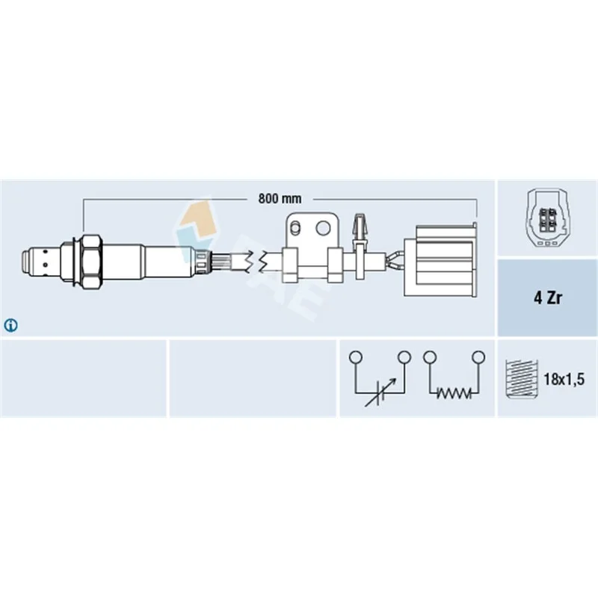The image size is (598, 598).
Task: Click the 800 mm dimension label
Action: point(280,199)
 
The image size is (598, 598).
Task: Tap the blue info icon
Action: point(10,325)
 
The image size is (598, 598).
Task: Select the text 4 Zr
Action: point(548,298)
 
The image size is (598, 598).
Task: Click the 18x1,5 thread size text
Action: point(564,379)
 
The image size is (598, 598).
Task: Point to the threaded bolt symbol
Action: point(521,379)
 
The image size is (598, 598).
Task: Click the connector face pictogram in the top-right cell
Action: point(547,218)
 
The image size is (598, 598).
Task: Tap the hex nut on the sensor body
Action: point(91,264)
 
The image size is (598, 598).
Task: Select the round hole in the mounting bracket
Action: point(323,228)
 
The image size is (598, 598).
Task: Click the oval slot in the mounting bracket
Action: point(295,229)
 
